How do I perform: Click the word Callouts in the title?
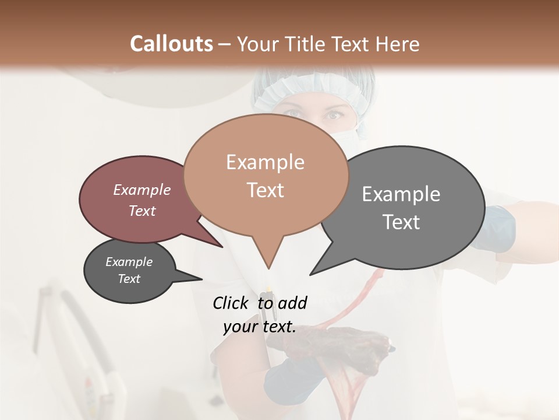coord(171,44)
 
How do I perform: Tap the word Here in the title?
coord(397,44)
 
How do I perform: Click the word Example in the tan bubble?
coord(265,162)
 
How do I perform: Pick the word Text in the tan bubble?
coord(265,190)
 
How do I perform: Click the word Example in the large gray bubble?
coord(401,194)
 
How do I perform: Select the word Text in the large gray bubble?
coord(401,222)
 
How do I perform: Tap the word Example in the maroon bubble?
coord(141,190)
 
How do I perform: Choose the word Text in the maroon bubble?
coord(141,211)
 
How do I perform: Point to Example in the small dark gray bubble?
coord(129,262)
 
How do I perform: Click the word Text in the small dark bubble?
coord(129,278)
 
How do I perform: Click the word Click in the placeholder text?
coord(231,303)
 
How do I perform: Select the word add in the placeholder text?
coord(292,303)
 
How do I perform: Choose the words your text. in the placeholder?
coord(259,327)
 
